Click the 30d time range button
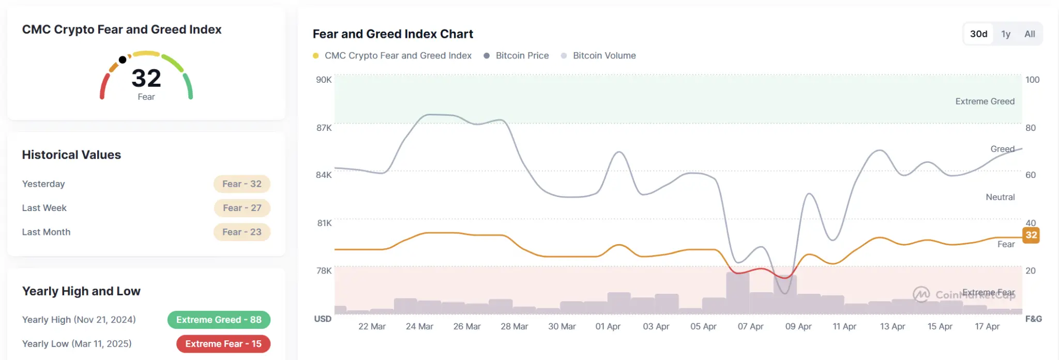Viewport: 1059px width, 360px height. pyautogui.click(x=978, y=34)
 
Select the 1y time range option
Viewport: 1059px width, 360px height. pyautogui.click(x=1006, y=34)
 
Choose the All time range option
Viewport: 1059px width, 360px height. pyautogui.click(x=1030, y=34)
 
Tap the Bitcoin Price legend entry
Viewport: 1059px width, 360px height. pyautogui.click(x=522, y=56)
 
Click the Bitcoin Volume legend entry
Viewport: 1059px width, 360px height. pyautogui.click(x=604, y=56)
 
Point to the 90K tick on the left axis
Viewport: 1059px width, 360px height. pyautogui.click(x=324, y=80)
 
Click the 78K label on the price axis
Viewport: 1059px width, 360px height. pyautogui.click(x=324, y=271)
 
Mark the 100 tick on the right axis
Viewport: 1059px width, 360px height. pyautogui.click(x=1032, y=80)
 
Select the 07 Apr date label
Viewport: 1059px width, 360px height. pyautogui.click(x=750, y=326)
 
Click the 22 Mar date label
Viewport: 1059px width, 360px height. pyautogui.click(x=372, y=326)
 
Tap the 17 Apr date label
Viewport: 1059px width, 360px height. pyautogui.click(x=987, y=326)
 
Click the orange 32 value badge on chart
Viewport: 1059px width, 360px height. pyautogui.click(x=1031, y=235)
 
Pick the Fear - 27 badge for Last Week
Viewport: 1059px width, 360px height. pyautogui.click(x=242, y=208)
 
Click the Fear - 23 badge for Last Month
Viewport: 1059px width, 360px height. pyautogui.click(x=242, y=232)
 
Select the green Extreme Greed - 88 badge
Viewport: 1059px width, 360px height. pyautogui.click(x=219, y=320)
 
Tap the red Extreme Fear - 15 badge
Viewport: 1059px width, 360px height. pyautogui.click(x=223, y=344)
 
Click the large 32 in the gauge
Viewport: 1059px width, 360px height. pyautogui.click(x=146, y=79)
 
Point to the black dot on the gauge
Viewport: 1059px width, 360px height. pyautogui.click(x=123, y=60)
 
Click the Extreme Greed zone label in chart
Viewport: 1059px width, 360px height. pyautogui.click(x=985, y=101)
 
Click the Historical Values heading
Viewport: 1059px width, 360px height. pyautogui.click(x=71, y=155)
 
